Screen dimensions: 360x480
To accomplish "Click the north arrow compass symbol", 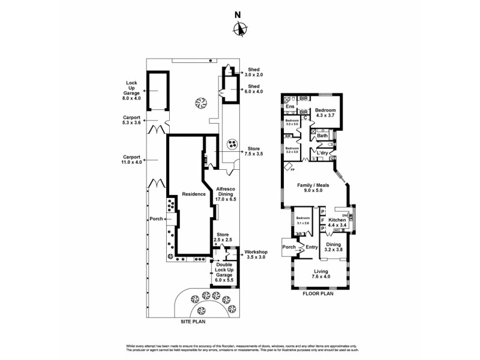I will point(240,28).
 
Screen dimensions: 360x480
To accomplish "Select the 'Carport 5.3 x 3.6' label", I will point(132,119).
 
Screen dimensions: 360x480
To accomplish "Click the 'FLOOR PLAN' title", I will point(318,294).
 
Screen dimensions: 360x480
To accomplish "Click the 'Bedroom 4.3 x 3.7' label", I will point(326,113).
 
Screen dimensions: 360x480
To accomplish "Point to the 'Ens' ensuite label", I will point(290,107).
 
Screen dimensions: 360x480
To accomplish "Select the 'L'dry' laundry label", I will point(323,154).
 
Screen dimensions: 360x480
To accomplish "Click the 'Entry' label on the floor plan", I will point(311,247).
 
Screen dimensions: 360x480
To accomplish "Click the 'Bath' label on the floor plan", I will point(322,136).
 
